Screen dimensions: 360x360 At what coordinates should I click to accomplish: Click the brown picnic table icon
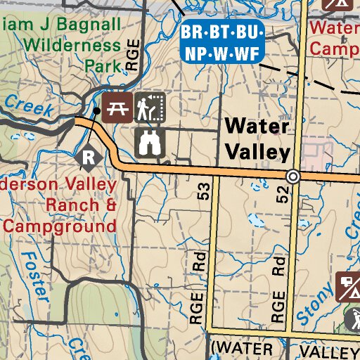117,107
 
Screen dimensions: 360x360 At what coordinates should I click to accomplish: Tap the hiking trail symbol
150,107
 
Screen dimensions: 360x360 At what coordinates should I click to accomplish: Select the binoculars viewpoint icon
150,141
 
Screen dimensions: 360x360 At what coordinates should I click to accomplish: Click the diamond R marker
89,157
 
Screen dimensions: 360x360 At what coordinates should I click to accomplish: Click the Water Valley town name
257,139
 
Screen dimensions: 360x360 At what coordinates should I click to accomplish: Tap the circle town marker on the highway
293,176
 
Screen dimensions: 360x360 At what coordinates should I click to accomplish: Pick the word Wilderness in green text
72,46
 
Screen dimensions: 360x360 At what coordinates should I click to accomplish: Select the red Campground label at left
59,226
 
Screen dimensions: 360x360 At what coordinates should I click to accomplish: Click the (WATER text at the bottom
241,349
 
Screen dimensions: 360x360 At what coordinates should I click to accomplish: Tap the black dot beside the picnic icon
97,111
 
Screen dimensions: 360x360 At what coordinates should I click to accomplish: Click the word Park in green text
99,65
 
